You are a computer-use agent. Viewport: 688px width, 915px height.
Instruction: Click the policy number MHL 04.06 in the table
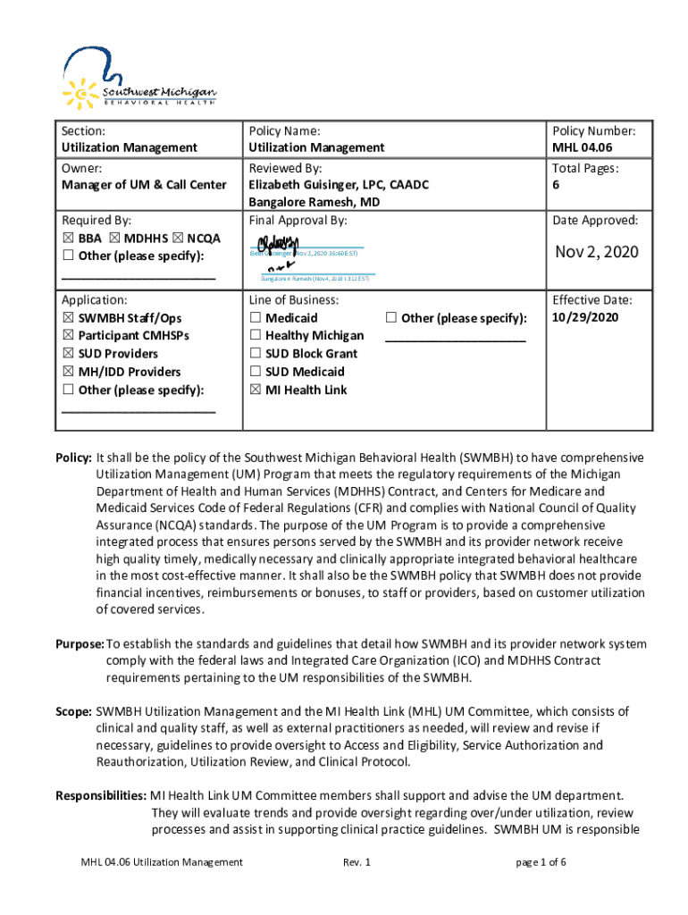point(582,147)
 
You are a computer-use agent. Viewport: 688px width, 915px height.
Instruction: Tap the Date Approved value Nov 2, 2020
point(597,252)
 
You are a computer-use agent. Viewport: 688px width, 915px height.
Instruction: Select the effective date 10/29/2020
point(585,317)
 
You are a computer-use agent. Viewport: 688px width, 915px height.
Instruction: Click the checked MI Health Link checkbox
point(256,390)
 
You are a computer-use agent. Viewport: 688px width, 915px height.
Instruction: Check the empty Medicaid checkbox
point(256,318)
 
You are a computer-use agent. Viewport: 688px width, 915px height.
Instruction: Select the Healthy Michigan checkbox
point(256,336)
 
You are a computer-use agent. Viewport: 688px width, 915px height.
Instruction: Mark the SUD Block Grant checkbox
point(256,354)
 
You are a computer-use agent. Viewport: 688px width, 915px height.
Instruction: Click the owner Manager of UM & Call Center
point(144,185)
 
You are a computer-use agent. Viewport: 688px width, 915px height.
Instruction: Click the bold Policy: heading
point(73,457)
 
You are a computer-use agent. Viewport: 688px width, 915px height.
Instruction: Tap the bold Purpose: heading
point(80,644)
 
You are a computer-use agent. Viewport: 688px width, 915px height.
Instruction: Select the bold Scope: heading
point(73,711)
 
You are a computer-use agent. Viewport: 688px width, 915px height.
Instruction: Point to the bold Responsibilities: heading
point(101,795)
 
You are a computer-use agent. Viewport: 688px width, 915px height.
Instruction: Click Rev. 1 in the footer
point(356,862)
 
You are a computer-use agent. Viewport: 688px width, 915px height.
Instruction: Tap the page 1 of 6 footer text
point(541,862)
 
